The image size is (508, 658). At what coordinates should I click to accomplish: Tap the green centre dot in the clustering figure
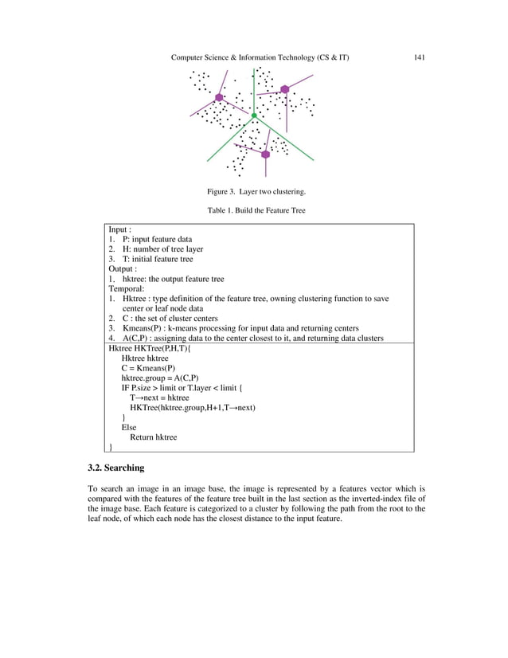[x=254, y=116]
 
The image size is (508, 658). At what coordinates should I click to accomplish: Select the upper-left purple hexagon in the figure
[x=219, y=97]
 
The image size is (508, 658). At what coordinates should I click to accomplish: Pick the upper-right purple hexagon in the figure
[x=284, y=89]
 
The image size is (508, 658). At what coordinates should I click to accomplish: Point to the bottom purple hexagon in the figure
[x=266, y=155]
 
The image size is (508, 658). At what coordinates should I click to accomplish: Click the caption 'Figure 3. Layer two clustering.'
[x=256, y=192]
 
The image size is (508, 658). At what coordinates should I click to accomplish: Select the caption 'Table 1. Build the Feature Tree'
[x=256, y=210]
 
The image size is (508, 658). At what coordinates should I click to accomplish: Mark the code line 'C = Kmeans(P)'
[x=149, y=369]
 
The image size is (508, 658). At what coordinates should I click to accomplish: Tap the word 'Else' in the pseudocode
[x=129, y=428]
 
